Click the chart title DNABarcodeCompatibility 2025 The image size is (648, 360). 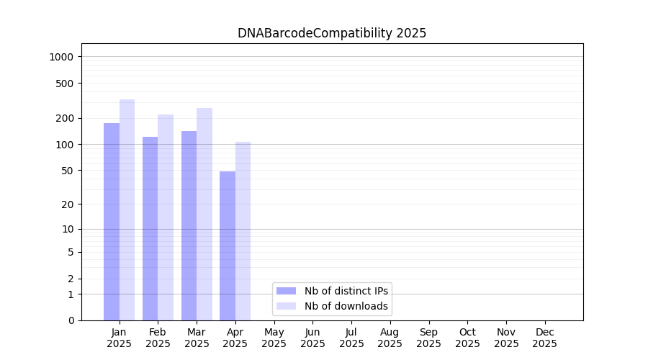pyautogui.click(x=332, y=33)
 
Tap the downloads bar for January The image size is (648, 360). pyautogui.click(x=127, y=210)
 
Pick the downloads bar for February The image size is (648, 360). pyautogui.click(x=166, y=217)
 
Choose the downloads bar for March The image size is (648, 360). pyautogui.click(x=204, y=214)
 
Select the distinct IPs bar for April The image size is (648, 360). pyautogui.click(x=228, y=246)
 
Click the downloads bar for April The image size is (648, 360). pyautogui.click(x=243, y=231)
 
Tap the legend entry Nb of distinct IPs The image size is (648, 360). pyautogui.click(x=346, y=291)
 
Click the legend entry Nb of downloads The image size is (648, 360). pyautogui.click(x=346, y=306)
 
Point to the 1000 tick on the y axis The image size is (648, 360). pyautogui.click(x=62, y=57)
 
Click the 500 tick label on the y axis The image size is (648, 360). pyautogui.click(x=65, y=84)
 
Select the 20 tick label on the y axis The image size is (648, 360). pyautogui.click(x=68, y=204)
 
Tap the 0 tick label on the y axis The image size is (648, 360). pyautogui.click(x=71, y=320)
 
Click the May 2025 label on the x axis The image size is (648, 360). pyautogui.click(x=274, y=338)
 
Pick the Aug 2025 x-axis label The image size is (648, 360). pyautogui.click(x=390, y=338)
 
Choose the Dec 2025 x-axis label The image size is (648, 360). pyautogui.click(x=545, y=338)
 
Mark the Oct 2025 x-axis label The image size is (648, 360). pyautogui.click(x=467, y=338)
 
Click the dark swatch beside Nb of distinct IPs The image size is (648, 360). pyautogui.click(x=287, y=291)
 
